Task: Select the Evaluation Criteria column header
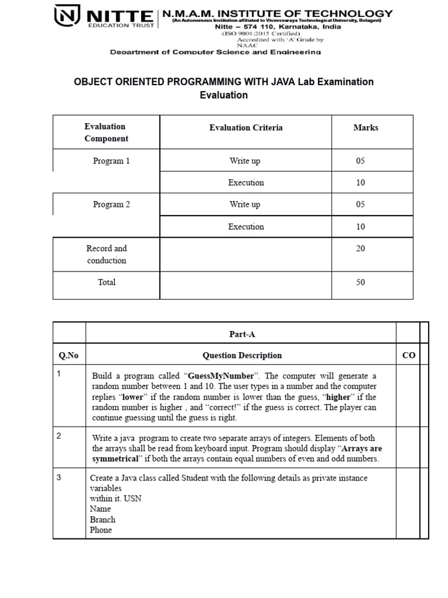(246, 127)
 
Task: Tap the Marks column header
(365, 127)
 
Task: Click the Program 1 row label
(111, 161)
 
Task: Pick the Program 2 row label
(111, 204)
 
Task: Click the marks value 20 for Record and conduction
(360, 249)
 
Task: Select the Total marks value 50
(360, 283)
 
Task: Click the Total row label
(107, 283)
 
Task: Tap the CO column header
(408, 355)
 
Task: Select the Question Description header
(242, 355)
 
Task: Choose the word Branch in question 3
(103, 520)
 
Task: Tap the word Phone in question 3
(101, 530)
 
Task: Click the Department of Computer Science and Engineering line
(216, 52)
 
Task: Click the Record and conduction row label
(106, 255)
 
